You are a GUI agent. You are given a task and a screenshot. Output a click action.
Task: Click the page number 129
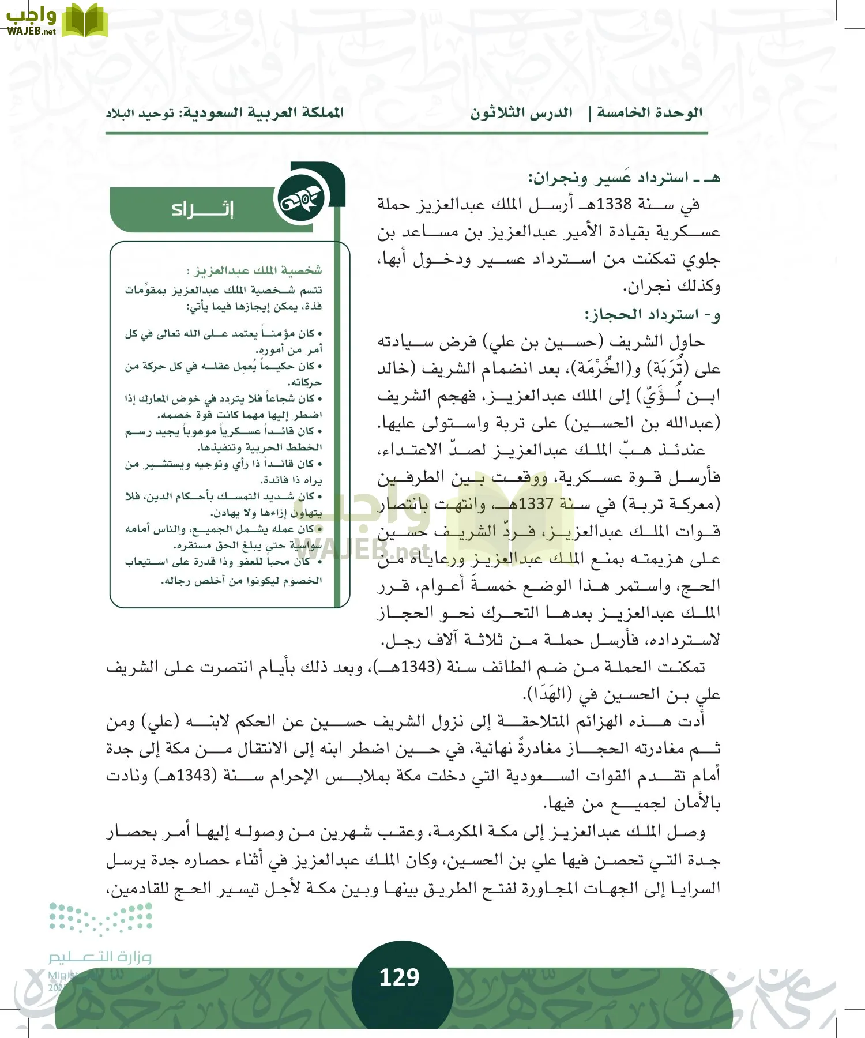[x=399, y=977]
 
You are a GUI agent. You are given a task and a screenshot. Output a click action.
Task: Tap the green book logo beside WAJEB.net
[x=84, y=21]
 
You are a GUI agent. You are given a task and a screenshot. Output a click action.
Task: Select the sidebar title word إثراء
[x=202, y=209]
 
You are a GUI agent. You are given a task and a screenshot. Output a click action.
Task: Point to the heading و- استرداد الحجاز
[x=652, y=315]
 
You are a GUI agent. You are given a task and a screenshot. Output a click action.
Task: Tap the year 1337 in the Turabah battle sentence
[x=536, y=504]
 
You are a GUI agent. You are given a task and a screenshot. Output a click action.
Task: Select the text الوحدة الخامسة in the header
[x=649, y=113]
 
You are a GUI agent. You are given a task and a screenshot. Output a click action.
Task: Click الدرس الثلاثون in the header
[x=521, y=113]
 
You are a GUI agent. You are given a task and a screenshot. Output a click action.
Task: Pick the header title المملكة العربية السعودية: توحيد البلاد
[x=224, y=113]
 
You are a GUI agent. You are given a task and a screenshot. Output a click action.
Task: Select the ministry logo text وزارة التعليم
[x=99, y=957]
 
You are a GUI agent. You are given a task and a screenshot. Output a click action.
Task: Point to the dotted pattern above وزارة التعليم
[x=100, y=918]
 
